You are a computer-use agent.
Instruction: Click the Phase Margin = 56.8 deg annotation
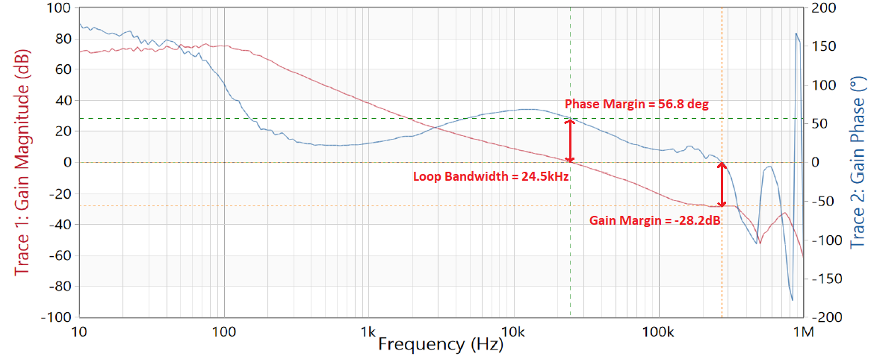pos(636,104)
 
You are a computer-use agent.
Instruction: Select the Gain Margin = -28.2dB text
pos(654,220)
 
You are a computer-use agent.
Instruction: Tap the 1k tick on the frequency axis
pos(367,330)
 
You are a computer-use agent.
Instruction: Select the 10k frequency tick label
pos(512,330)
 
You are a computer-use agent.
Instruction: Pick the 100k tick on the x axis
pos(657,330)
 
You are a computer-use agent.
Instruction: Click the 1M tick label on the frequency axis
pos(804,330)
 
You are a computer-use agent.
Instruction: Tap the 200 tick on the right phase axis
pos(822,8)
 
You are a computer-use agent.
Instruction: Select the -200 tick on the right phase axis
pos(825,317)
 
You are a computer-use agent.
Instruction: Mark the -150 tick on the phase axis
pos(825,279)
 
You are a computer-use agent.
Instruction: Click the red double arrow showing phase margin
pos(570,140)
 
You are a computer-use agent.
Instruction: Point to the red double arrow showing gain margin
pos(722,184)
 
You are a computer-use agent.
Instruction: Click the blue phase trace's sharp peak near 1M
pos(796,34)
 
